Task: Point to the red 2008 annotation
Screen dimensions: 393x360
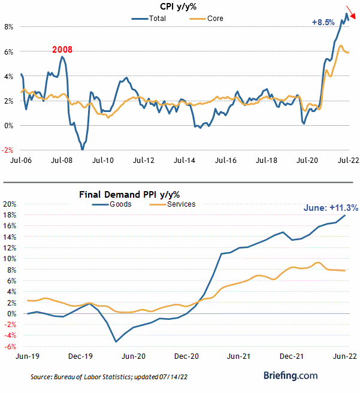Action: tap(62, 49)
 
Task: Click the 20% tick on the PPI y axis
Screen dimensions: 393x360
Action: tap(11, 204)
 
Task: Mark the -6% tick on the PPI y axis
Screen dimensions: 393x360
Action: tap(11, 346)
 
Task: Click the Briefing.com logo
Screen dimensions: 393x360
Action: tap(291, 376)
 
